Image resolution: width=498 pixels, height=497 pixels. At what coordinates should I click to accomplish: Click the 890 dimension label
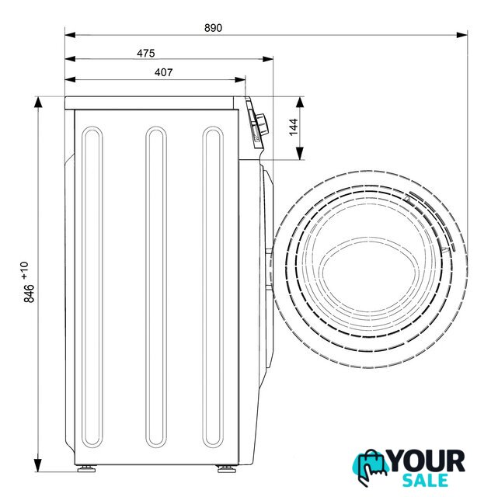point(213,28)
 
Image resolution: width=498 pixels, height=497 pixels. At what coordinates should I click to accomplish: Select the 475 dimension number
point(146,53)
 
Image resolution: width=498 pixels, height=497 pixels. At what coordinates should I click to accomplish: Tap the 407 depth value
point(164,72)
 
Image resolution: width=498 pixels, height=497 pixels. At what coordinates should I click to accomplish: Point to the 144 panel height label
point(294,127)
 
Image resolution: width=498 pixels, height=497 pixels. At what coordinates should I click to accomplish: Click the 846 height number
point(30,294)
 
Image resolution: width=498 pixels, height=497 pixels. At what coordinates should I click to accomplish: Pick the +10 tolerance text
point(25,270)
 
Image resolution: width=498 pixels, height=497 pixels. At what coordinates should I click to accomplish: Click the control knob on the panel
point(263,124)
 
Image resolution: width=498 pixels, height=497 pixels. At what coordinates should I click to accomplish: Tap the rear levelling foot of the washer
point(86,468)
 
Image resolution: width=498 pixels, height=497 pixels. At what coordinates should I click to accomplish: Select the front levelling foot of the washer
point(226,468)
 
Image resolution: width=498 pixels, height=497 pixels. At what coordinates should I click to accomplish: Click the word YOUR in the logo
point(427,461)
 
